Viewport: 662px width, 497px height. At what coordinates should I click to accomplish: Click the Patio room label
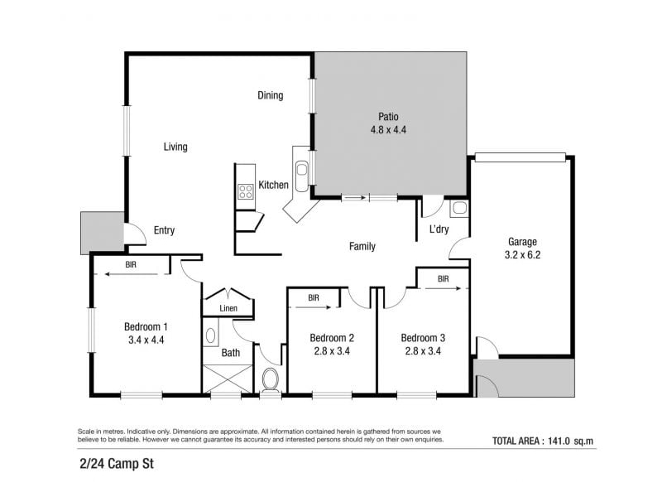pos(388,116)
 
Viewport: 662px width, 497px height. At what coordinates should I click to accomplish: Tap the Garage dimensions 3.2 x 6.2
pos(522,255)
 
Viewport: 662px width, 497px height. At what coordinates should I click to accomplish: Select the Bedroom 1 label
pos(146,326)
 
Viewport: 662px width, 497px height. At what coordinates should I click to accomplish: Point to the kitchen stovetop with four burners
pos(245,191)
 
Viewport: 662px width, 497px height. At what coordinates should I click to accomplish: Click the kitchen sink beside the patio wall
pos(301,170)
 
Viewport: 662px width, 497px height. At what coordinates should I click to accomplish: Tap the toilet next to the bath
pos(271,380)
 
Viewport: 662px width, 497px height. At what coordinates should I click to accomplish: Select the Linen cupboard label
pos(228,308)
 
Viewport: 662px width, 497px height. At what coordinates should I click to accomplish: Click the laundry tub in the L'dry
pos(459,208)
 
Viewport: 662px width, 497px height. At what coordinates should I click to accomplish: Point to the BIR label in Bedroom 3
pos(444,279)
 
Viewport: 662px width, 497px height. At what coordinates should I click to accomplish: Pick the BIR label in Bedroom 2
pos(314,298)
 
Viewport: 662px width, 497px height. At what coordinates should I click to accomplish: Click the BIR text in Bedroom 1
pos(131,264)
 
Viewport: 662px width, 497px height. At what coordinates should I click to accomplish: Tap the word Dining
pos(271,95)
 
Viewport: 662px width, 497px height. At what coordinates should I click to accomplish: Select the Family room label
pos(362,246)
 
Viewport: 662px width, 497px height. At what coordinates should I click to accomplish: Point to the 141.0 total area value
pos(559,441)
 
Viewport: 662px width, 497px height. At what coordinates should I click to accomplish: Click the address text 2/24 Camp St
pos(117,464)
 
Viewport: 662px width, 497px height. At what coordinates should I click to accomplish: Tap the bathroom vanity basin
pos(210,336)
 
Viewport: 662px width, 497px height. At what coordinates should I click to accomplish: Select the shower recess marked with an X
pos(228,379)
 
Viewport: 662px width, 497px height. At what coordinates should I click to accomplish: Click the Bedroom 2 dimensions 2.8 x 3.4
pos(332,351)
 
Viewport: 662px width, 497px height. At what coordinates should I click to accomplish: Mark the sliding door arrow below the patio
pos(355,197)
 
